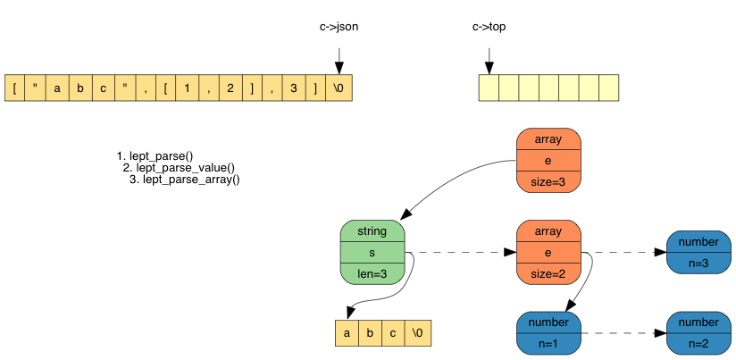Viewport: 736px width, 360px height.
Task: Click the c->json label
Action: (339, 27)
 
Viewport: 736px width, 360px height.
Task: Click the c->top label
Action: (489, 27)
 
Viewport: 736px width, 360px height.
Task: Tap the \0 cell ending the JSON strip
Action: (339, 88)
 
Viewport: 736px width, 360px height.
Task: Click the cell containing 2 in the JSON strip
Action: (230, 88)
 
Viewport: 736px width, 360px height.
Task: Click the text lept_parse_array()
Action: (191, 180)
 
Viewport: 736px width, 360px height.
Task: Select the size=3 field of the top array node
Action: (548, 181)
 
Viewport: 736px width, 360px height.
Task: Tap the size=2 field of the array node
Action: (548, 274)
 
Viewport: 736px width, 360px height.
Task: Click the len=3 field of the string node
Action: (372, 274)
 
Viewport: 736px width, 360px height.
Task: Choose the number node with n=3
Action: (698, 253)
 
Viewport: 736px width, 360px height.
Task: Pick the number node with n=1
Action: (548, 332)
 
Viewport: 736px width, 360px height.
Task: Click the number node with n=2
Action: (698, 332)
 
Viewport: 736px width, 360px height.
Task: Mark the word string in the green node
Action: (372, 231)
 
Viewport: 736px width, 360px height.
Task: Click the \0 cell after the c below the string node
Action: (417, 333)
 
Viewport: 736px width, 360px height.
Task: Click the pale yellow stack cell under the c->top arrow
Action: (489, 88)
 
